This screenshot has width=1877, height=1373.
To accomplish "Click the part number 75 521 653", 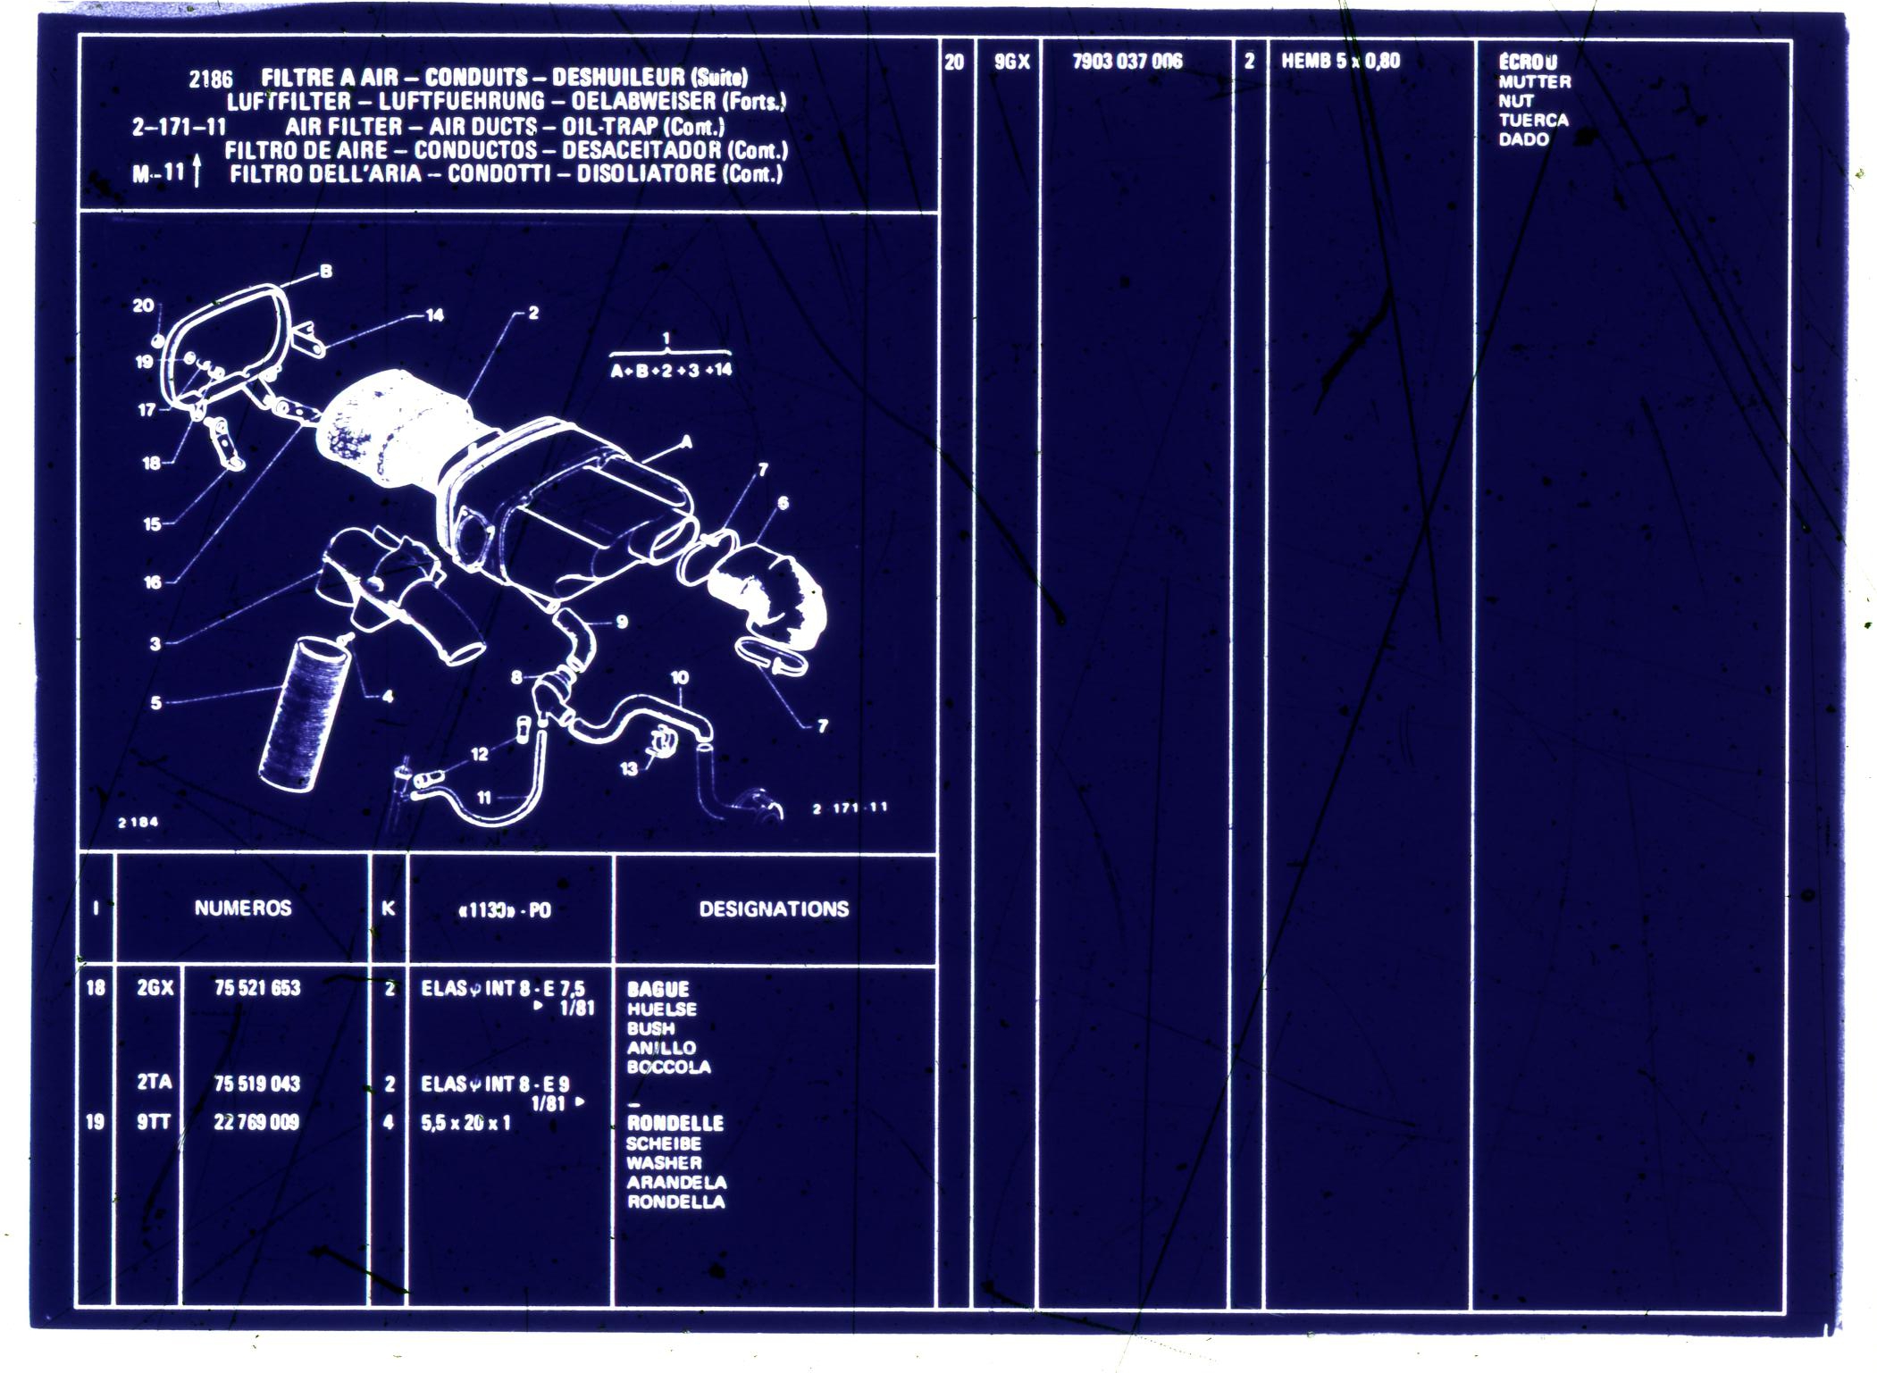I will pos(257,987).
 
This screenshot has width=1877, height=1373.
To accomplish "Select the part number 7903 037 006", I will pos(1127,62).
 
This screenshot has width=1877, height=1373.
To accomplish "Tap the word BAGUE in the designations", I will pos(658,989).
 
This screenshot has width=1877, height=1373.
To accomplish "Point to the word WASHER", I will pos(664,1162).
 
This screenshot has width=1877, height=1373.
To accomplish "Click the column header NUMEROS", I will pos(243,908).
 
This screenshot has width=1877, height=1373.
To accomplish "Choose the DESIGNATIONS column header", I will pos(774,908).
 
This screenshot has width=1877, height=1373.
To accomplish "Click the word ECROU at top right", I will pos(1528,62).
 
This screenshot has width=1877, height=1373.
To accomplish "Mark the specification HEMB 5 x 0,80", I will pos(1340,62).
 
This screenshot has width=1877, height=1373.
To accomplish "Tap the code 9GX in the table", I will pos(1012,62).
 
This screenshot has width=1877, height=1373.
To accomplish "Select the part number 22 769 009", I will pos(256,1122).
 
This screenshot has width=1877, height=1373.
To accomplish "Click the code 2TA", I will pos(155,1082).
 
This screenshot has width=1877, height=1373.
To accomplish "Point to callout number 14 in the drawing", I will pos(435,314).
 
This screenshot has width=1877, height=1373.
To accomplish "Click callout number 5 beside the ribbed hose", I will pos(156,702).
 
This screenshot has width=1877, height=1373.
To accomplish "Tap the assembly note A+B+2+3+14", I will pos(671,370).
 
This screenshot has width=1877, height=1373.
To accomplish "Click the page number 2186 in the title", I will pos(211,80).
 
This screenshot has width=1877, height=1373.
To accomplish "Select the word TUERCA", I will pos(1533,120).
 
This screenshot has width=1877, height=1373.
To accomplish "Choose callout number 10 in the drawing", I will pos(680,677).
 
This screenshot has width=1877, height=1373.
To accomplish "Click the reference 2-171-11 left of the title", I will pos(180,127).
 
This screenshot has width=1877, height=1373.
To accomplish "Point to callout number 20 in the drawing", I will pos(143,305).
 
